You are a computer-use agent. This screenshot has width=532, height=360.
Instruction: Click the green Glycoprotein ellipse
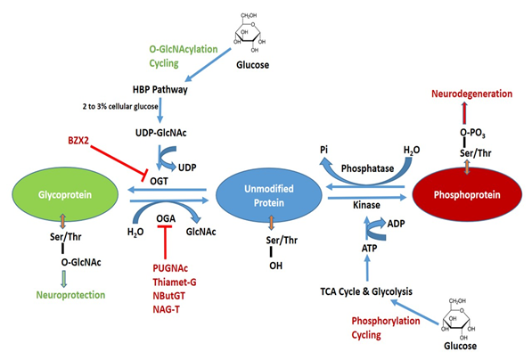point(65,194)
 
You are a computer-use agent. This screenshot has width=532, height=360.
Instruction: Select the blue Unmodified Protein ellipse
point(269,195)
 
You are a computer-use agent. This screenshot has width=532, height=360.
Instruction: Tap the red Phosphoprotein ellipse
point(467,194)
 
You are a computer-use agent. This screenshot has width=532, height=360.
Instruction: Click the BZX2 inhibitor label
point(78,140)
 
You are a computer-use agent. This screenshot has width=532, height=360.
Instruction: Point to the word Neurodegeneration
point(471,94)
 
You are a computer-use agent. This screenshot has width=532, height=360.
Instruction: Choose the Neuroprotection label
point(70,295)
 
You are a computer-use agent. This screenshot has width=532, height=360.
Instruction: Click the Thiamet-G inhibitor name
point(175,282)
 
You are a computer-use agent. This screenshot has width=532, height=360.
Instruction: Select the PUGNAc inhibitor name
point(170,268)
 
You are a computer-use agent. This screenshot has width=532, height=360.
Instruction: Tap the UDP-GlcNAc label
point(160,133)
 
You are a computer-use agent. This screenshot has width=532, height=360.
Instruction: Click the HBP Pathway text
point(160,90)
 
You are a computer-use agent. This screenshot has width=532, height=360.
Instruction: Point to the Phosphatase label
point(367,168)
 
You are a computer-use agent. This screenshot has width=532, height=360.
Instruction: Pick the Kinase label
point(366,205)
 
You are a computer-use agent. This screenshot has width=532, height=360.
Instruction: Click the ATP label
point(369,249)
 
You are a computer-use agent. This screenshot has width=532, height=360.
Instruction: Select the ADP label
point(396,224)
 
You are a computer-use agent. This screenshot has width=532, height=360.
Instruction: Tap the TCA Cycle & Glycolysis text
point(366,291)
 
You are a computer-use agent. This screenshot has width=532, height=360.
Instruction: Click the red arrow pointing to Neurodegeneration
point(464,113)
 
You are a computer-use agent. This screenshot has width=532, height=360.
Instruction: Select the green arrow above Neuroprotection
point(63,279)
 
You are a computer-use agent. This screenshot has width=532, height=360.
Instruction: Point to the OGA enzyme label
point(166,218)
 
